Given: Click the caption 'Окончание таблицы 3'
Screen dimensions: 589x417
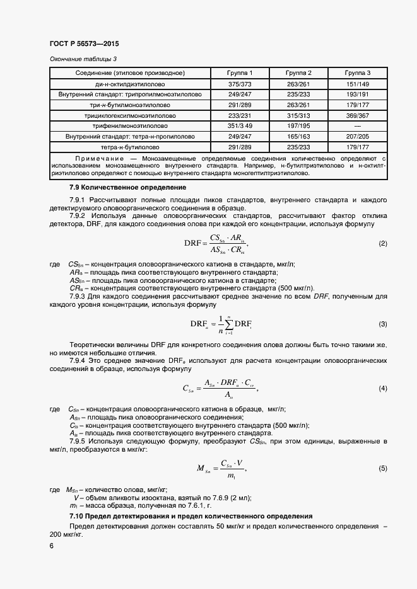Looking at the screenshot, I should tap(83, 59).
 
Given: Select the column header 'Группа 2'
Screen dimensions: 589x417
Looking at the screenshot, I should tap(298, 73).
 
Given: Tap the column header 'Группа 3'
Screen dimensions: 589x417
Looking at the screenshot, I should tap(358, 73).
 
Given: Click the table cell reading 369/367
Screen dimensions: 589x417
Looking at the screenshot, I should tap(358, 116).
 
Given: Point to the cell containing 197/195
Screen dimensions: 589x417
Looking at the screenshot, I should tap(298, 126).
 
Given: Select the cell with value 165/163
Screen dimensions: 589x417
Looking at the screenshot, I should tap(298, 137).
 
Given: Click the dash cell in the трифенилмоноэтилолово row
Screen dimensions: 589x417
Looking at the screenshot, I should tap(358, 126).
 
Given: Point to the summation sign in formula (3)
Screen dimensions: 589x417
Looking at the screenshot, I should tap(230, 324).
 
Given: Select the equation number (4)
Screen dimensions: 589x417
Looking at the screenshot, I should tap(382, 389).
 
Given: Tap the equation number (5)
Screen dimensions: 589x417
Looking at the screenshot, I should tap(382, 469).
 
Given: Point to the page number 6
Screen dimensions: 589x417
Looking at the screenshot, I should tap(51, 546).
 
